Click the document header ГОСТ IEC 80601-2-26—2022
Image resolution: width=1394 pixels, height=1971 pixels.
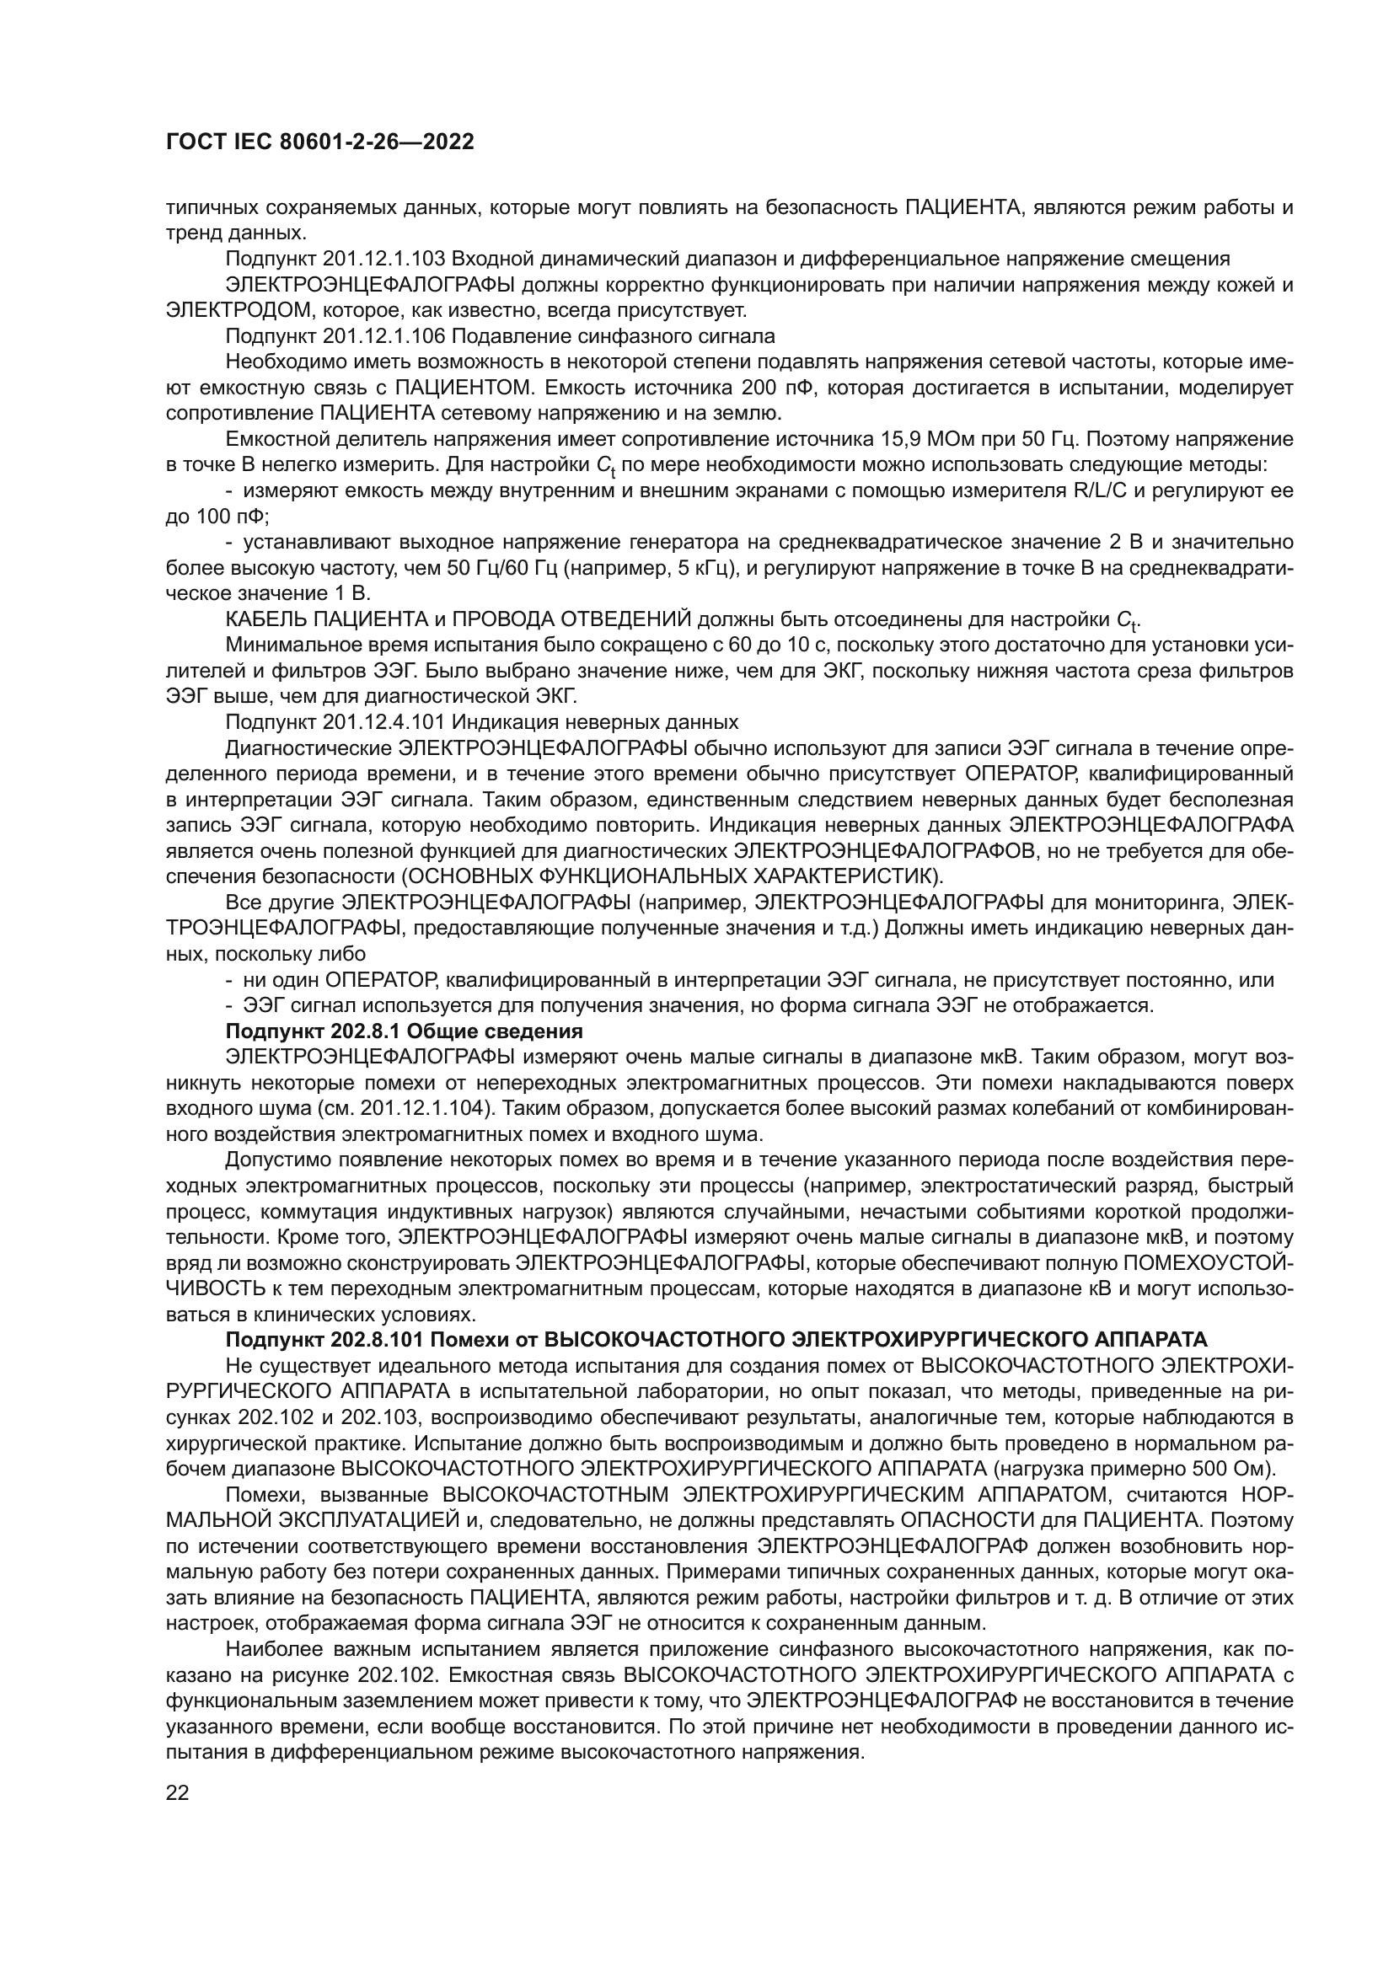tap(319, 142)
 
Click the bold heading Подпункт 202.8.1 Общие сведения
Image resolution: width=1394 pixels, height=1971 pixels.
tap(405, 1031)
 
